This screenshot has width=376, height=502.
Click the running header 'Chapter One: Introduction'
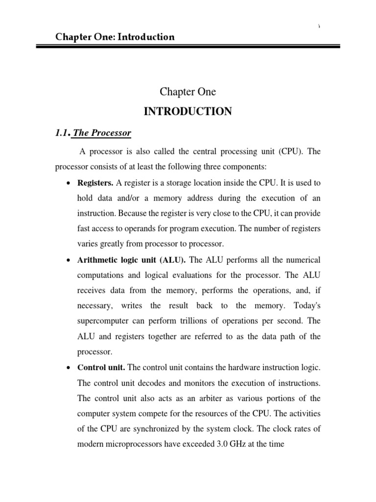[x=115, y=37]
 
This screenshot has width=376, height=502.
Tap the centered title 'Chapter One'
[x=188, y=92]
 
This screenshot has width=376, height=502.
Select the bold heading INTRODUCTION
[x=188, y=112]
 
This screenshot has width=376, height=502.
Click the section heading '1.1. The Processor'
[x=93, y=133]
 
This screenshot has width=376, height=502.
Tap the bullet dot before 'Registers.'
[x=68, y=183]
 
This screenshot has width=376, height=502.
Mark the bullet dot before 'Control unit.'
[x=68, y=368]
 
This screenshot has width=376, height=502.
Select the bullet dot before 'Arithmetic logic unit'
[x=68, y=259]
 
